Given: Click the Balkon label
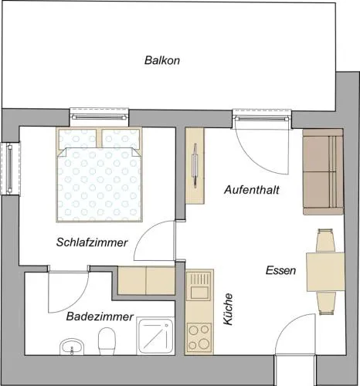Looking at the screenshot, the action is [162, 60].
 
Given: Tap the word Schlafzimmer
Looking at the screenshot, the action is [92, 242].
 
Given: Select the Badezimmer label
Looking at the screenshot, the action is [100, 317].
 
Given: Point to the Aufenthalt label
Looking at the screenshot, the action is [252, 190].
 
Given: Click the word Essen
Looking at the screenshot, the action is [280, 270].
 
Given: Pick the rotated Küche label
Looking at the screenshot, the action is [228, 310].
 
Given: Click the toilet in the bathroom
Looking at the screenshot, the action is [107, 341].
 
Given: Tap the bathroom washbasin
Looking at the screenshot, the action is [72, 347].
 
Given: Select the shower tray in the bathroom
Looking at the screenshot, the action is [155, 336].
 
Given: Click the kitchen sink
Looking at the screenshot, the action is [199, 286].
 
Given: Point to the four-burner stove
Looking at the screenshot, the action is [199, 337].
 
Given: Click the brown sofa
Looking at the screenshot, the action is [323, 172].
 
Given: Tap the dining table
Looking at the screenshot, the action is [325, 272].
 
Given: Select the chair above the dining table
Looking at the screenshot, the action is [325, 240].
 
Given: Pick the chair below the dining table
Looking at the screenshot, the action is [326, 303].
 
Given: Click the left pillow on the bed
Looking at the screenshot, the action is [78, 138].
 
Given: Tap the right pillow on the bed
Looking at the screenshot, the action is [121, 138].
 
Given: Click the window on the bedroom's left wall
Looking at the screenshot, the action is [10, 169].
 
